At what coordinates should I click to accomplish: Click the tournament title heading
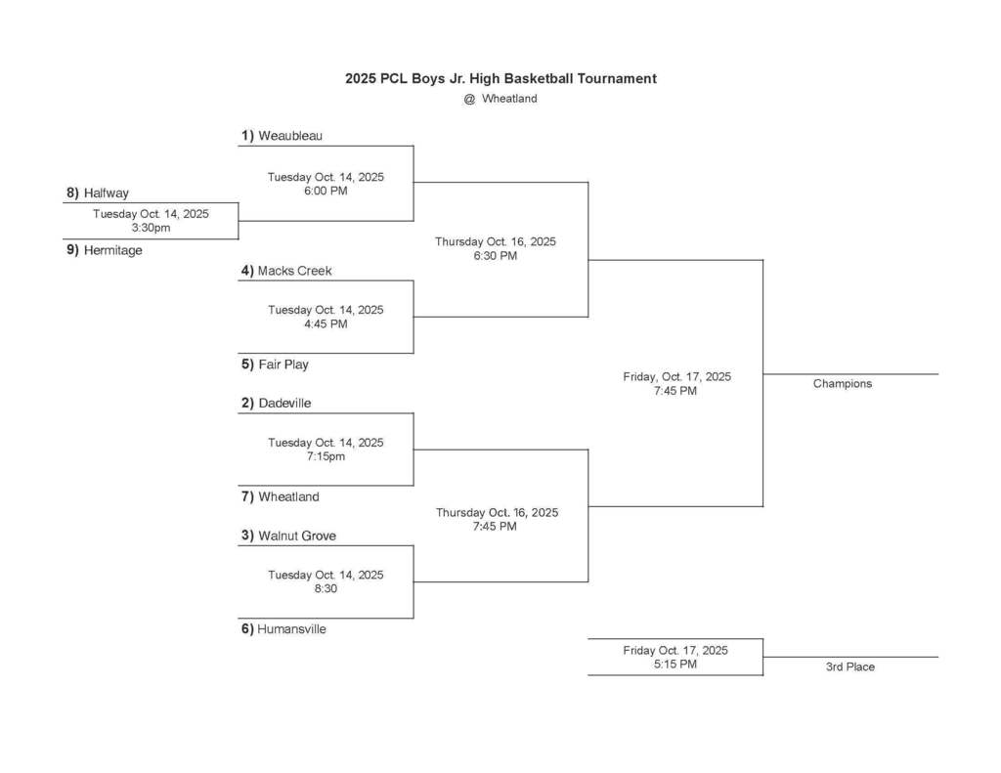click(500, 78)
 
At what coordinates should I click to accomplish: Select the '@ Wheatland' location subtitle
click(500, 99)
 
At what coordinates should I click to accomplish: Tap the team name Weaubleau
click(289, 136)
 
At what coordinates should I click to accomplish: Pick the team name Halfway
click(106, 193)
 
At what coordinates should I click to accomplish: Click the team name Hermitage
click(112, 250)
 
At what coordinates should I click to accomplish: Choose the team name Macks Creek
click(294, 271)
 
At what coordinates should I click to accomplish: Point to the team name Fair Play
click(283, 365)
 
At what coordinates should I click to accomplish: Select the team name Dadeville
click(284, 403)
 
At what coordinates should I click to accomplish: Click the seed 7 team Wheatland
click(288, 496)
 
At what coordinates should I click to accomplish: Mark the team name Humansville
click(291, 629)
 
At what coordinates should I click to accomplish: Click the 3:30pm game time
click(151, 228)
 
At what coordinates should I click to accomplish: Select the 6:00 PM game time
click(326, 191)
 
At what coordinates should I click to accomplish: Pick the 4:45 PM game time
click(326, 323)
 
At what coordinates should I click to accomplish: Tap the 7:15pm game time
click(326, 456)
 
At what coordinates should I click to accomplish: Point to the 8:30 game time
click(326, 589)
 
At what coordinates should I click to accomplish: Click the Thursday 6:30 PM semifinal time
click(496, 256)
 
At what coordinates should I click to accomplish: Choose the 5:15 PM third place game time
click(675, 665)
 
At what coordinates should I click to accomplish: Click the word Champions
click(842, 384)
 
